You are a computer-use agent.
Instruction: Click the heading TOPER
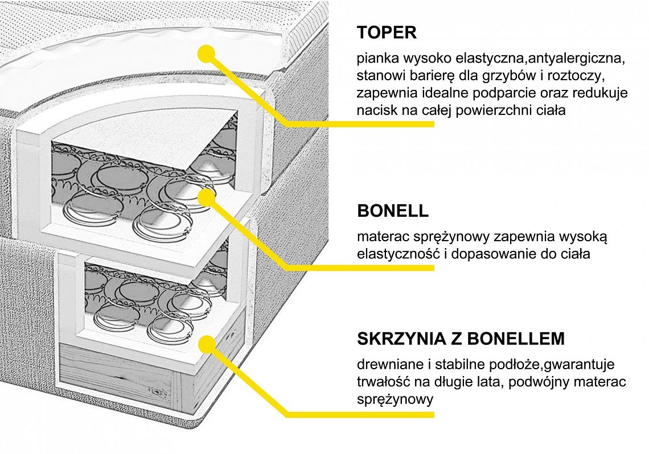[387, 32]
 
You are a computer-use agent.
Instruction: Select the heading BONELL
[393, 211]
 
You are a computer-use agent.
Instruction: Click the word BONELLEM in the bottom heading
[516, 339]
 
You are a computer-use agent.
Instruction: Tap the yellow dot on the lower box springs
[207, 342]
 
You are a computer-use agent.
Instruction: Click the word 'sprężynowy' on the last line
[395, 399]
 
